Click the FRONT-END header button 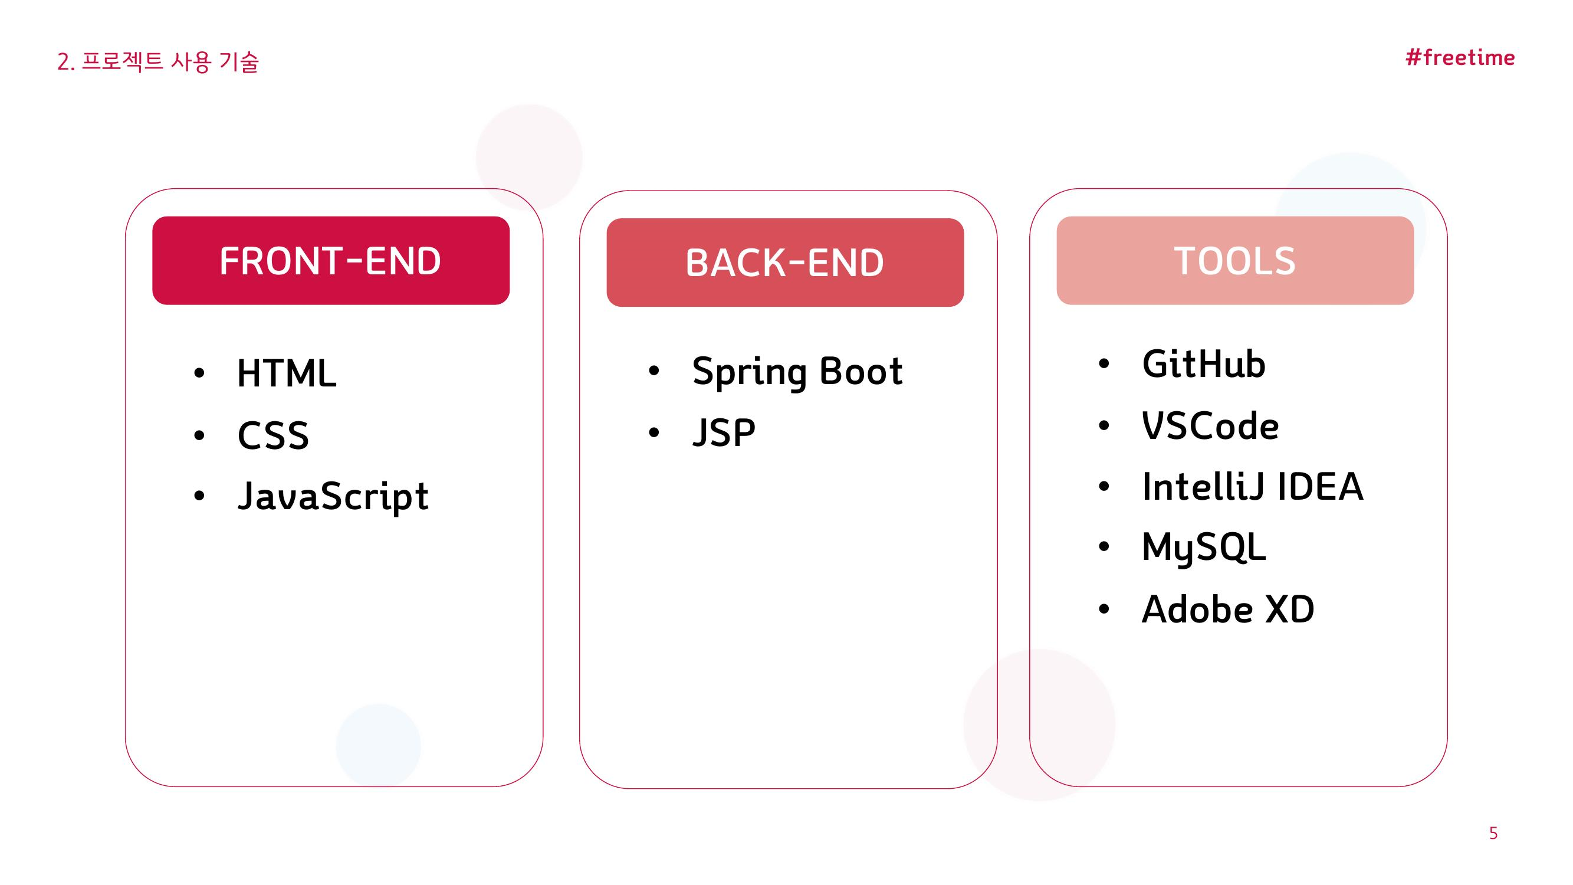[x=330, y=260]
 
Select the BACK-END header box [x=784, y=262]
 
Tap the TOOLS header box [x=1234, y=260]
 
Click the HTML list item [x=287, y=373]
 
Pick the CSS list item [x=273, y=435]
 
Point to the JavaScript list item [x=333, y=497]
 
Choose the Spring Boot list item [x=797, y=371]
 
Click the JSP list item [x=724, y=433]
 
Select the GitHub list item [x=1204, y=364]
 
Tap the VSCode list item [x=1210, y=426]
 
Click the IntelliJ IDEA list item [x=1252, y=487]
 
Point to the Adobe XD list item [x=1228, y=609]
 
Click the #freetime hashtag [x=1460, y=57]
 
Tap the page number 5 [x=1493, y=833]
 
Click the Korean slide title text [x=157, y=62]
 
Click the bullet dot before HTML [x=199, y=373]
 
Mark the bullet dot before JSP [x=654, y=433]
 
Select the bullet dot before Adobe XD [x=1104, y=609]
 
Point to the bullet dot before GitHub [x=1104, y=364]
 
